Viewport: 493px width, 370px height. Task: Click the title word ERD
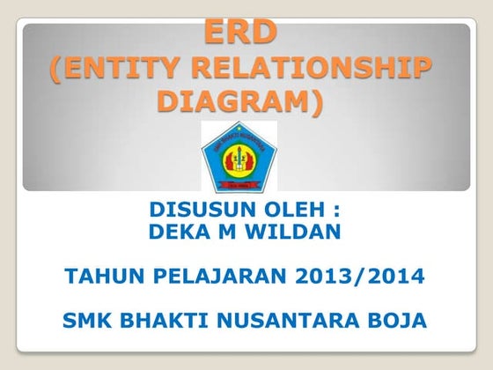241,33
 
